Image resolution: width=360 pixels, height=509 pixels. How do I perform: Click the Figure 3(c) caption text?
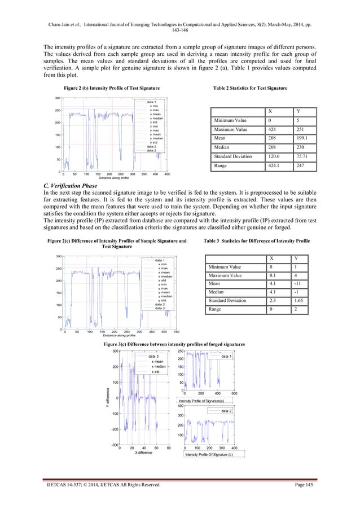181,344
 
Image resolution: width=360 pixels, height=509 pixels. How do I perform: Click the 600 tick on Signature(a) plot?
234,394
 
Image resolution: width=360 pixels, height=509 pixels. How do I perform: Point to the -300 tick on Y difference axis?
114,445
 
